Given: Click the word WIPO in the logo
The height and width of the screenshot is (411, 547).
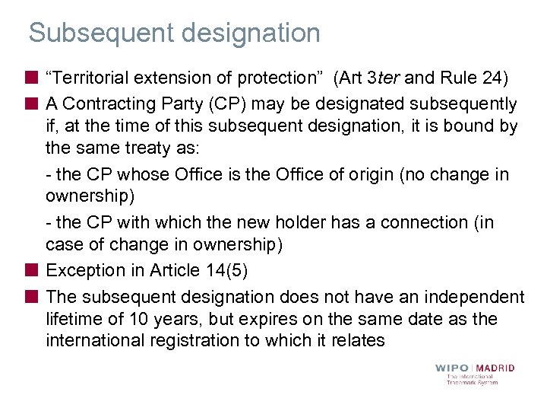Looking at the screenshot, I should pos(451,368).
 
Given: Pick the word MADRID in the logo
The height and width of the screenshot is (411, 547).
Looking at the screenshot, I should pos(495,368).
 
